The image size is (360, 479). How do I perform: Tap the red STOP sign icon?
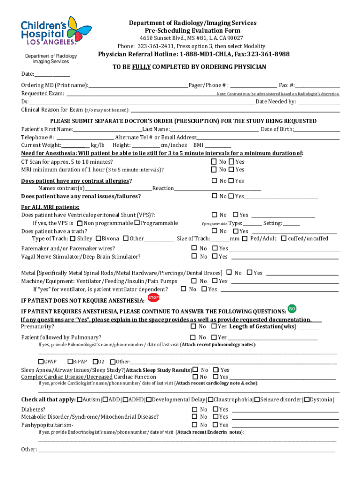153,298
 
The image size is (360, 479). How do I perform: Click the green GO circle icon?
292,309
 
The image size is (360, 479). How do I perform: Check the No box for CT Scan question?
214,162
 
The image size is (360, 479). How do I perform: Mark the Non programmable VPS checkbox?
80,223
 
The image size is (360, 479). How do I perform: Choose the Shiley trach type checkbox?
72,239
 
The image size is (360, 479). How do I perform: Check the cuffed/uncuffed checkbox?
284,239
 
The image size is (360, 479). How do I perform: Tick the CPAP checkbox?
41,362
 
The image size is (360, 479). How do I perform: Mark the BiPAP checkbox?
70,362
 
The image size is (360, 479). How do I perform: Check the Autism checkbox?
79,399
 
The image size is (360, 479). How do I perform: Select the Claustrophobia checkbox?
211,399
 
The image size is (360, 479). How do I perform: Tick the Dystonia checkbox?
306,399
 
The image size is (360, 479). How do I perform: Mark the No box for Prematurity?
193,327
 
